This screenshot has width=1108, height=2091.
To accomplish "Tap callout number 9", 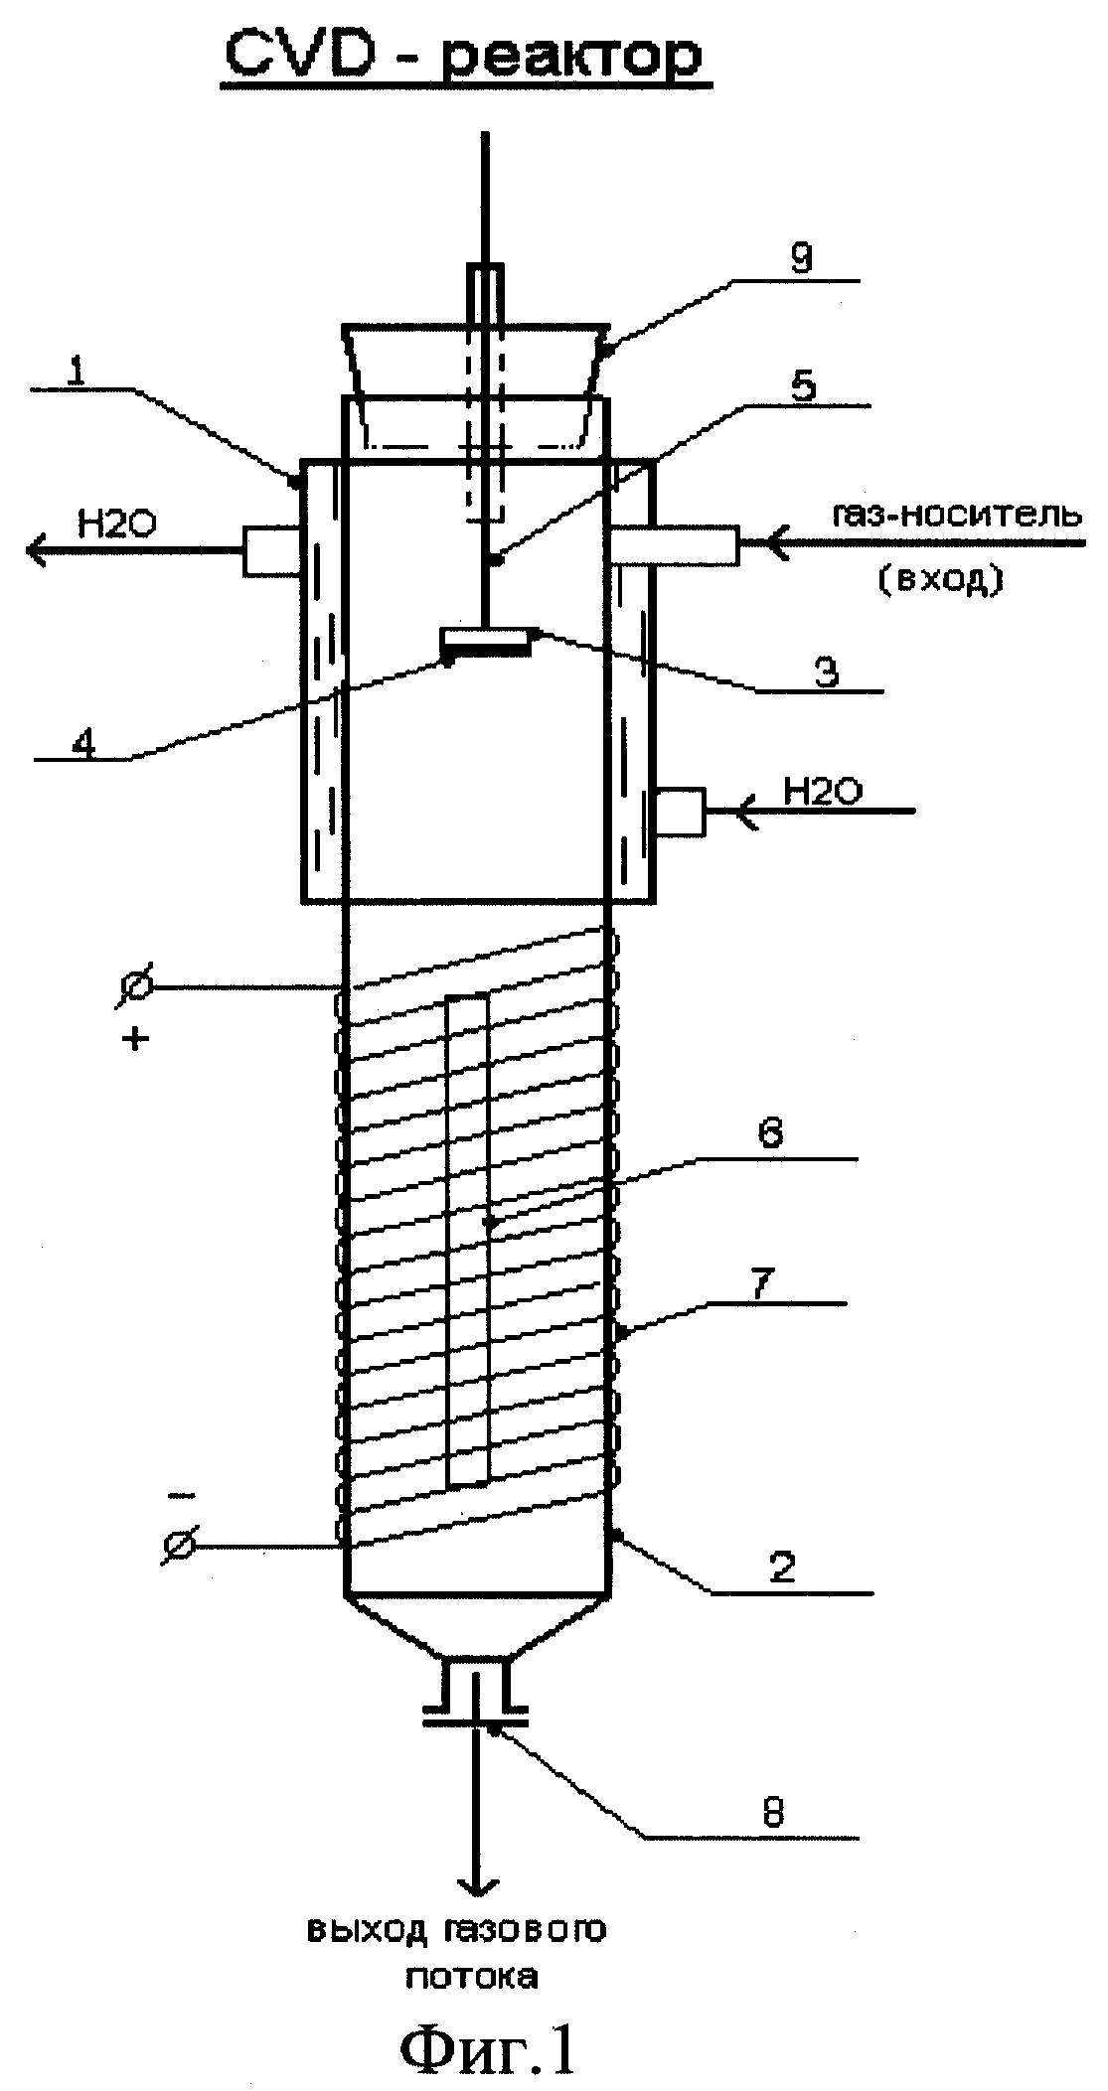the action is point(801,260).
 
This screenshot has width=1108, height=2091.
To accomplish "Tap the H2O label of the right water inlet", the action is point(822,792).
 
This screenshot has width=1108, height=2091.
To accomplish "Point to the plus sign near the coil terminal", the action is point(136,1039).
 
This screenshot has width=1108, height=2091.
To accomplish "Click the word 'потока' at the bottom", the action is point(472,1976).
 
